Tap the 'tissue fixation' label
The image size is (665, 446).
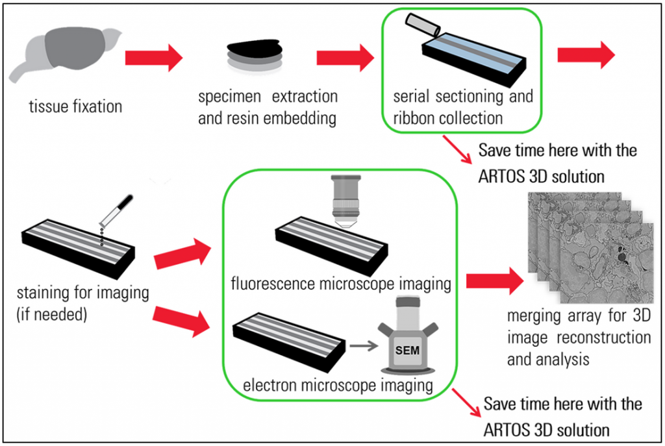point(76,105)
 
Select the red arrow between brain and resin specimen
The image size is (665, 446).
point(153,58)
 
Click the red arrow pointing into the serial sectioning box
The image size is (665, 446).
point(345,58)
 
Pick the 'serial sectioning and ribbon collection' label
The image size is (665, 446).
point(462,108)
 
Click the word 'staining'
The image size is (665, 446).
point(47,293)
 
